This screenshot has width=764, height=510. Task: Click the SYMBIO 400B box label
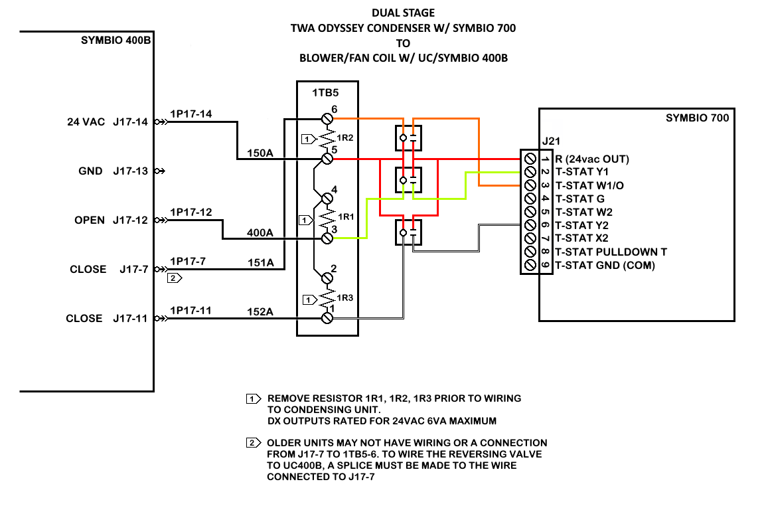click(x=116, y=40)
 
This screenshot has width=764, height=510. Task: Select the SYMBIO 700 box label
click(x=697, y=118)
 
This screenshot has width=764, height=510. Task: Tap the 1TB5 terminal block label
click(x=325, y=93)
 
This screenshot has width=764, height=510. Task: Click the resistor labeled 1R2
click(x=327, y=139)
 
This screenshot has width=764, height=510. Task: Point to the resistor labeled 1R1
click(x=327, y=217)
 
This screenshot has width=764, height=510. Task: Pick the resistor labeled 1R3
click(x=327, y=297)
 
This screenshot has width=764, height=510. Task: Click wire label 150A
click(x=260, y=153)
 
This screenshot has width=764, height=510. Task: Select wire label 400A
click(x=260, y=232)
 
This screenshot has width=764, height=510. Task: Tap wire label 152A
click(x=260, y=311)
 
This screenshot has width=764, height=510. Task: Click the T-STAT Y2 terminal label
click(x=581, y=225)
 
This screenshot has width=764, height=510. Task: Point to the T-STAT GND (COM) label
click(x=605, y=266)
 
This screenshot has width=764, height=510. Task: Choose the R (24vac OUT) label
click(x=592, y=159)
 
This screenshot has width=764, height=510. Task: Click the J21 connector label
click(x=551, y=141)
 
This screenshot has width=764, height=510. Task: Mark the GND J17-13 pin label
click(x=113, y=171)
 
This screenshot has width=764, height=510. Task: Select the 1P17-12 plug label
click(x=191, y=212)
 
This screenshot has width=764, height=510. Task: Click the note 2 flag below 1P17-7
click(x=175, y=278)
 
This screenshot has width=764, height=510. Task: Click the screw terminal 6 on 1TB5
click(x=327, y=118)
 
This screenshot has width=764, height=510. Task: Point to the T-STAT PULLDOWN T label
click(x=611, y=252)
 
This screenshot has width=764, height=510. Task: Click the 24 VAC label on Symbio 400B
click(x=86, y=122)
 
